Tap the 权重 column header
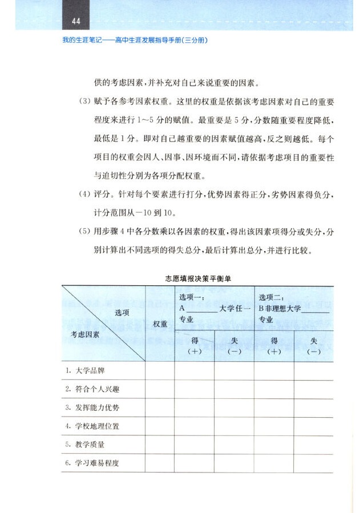click(160, 324)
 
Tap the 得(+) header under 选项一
click(195, 346)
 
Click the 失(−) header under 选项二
click(313, 346)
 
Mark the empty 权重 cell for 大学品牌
click(160, 371)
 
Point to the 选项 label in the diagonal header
click(122, 312)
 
